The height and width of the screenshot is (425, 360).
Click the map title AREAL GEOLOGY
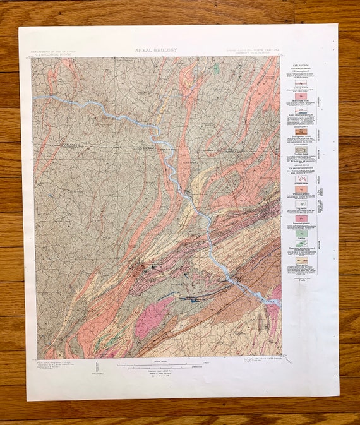156,49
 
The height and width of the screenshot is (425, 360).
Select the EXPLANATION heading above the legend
300,65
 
